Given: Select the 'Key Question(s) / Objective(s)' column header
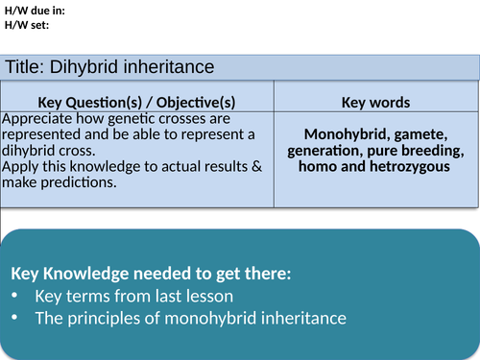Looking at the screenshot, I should click(136, 102).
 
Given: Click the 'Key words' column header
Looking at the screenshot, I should click(375, 102).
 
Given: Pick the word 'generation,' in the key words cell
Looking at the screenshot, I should click(326, 150).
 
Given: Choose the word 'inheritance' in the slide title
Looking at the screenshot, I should click(189, 67).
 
